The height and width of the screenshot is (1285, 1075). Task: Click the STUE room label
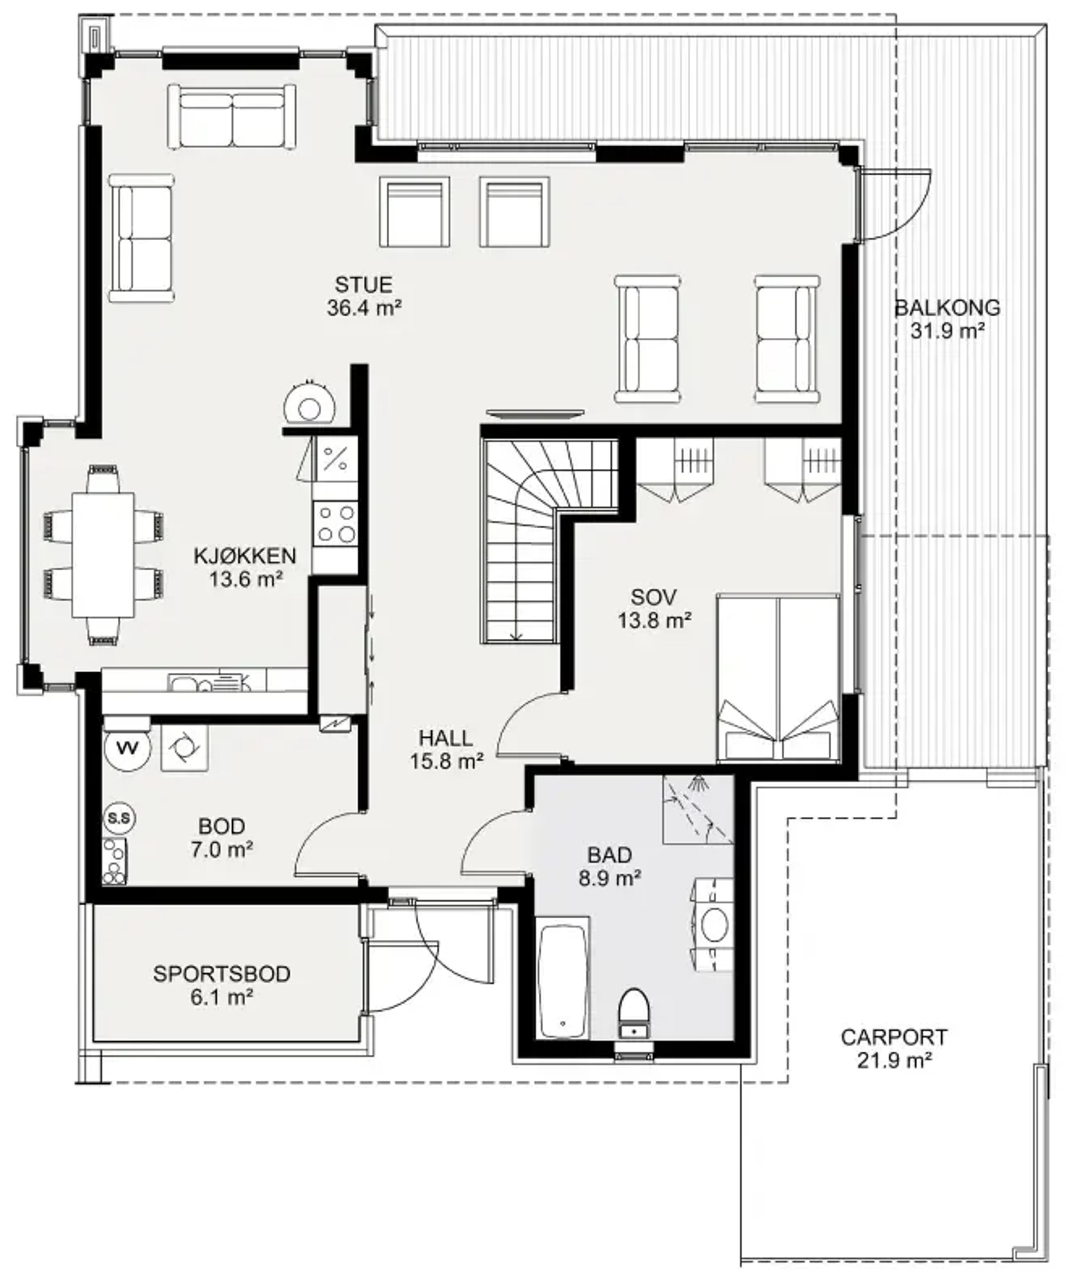364,285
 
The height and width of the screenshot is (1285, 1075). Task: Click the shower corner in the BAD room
698,810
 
